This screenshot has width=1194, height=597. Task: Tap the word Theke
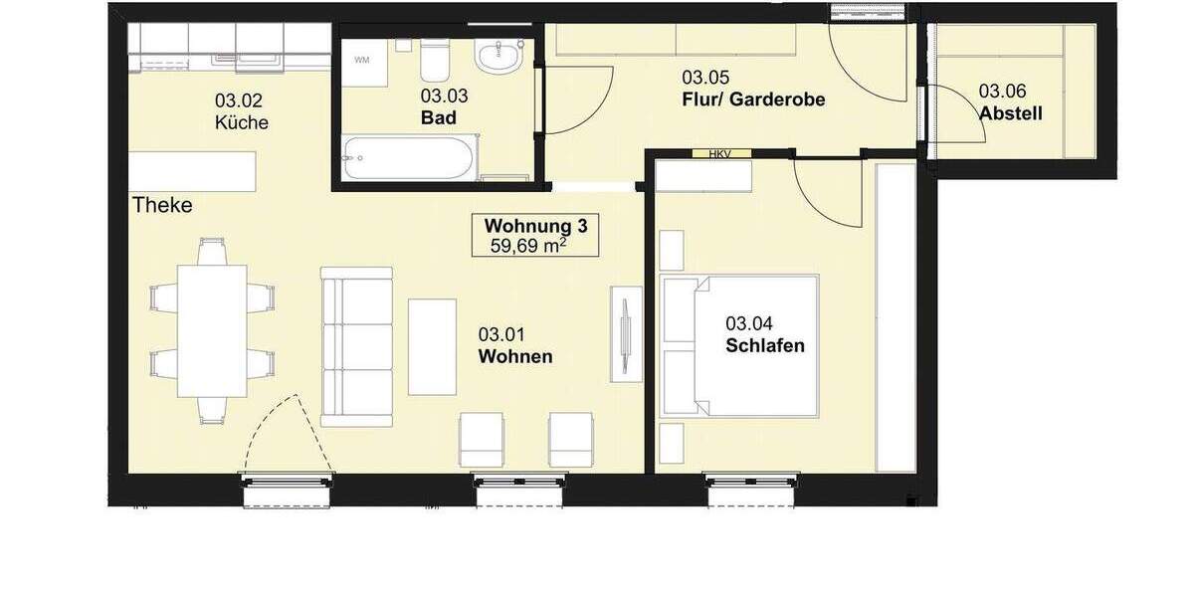tap(162, 206)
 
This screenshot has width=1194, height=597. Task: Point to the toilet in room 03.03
tap(434, 62)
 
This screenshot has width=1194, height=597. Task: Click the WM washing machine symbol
tap(362, 61)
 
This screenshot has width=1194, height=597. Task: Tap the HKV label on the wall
tap(717, 153)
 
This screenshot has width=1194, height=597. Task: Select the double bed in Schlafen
tap(740, 346)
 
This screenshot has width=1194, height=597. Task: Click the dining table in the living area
tap(211, 329)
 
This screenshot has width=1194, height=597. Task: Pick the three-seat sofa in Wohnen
tap(355, 346)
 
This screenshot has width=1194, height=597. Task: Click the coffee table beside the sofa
tap(433, 346)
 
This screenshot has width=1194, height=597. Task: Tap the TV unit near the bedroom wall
tap(626, 333)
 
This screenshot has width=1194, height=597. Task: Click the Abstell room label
tap(1010, 113)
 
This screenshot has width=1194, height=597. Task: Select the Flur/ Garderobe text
tap(753, 99)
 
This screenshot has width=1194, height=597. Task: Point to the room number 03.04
tap(749, 322)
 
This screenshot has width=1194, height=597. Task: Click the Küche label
tap(241, 123)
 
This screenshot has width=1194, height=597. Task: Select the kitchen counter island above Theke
tap(192, 171)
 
